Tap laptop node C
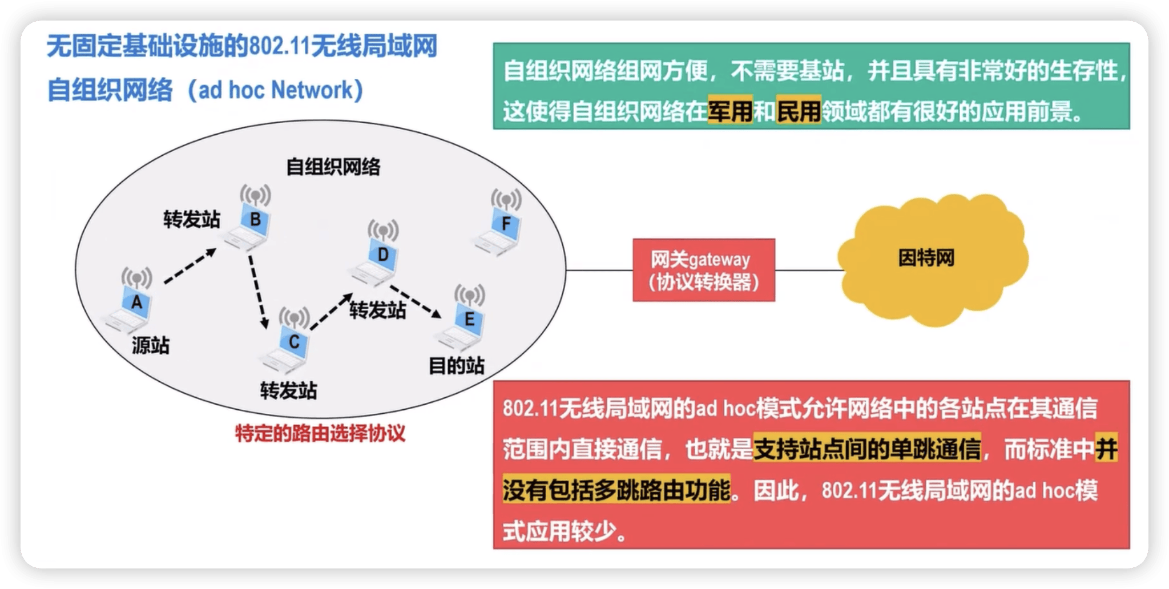click(290, 342)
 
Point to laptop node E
click(466, 320)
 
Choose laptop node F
click(502, 225)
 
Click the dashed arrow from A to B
click(190, 266)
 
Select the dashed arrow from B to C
click(257, 292)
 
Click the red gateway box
click(704, 270)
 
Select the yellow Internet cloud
click(930, 260)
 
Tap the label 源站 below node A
click(151, 345)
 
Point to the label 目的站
click(457, 365)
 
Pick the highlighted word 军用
click(730, 111)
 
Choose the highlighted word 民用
click(799, 111)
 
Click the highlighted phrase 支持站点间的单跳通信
click(867, 449)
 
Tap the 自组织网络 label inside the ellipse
click(333, 167)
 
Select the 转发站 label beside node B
click(192, 219)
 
